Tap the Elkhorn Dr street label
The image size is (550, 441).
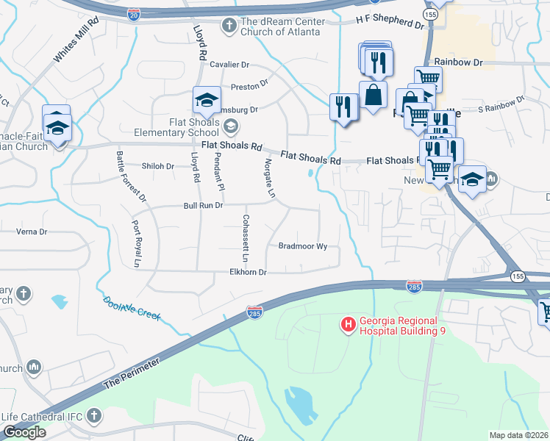coord(248,272)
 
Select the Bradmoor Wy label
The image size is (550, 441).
coord(303,246)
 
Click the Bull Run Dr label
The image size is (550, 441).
coord(203,206)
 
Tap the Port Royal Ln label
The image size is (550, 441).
coord(136,243)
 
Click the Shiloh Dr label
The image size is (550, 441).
coord(158,166)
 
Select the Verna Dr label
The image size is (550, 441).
coord(32,232)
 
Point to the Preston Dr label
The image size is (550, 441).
coord(249,87)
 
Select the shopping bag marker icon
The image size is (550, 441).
coord(374,95)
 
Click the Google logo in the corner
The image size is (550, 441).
coord(24,432)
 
